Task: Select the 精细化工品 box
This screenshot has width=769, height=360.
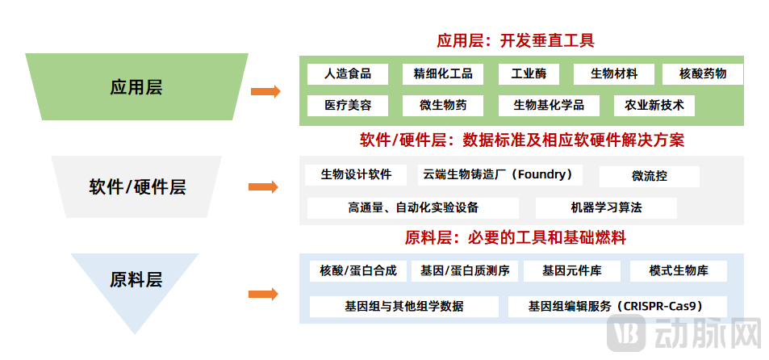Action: click(x=442, y=74)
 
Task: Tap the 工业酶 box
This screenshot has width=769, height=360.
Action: click(x=529, y=74)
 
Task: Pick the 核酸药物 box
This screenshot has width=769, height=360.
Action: click(x=703, y=74)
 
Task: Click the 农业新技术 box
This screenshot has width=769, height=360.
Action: click(x=654, y=105)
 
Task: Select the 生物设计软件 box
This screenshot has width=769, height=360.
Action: click(x=356, y=174)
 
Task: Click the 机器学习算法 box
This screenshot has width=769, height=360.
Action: click(x=606, y=207)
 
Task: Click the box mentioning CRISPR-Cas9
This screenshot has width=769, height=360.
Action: click(x=617, y=307)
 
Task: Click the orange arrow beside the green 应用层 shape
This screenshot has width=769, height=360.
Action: click(x=265, y=92)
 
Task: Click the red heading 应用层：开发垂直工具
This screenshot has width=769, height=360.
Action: click(x=516, y=40)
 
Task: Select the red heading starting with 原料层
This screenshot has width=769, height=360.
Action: click(x=516, y=238)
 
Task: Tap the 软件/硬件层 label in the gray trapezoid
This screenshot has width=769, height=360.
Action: click(x=137, y=187)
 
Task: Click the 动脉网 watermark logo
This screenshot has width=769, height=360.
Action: click(x=681, y=333)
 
